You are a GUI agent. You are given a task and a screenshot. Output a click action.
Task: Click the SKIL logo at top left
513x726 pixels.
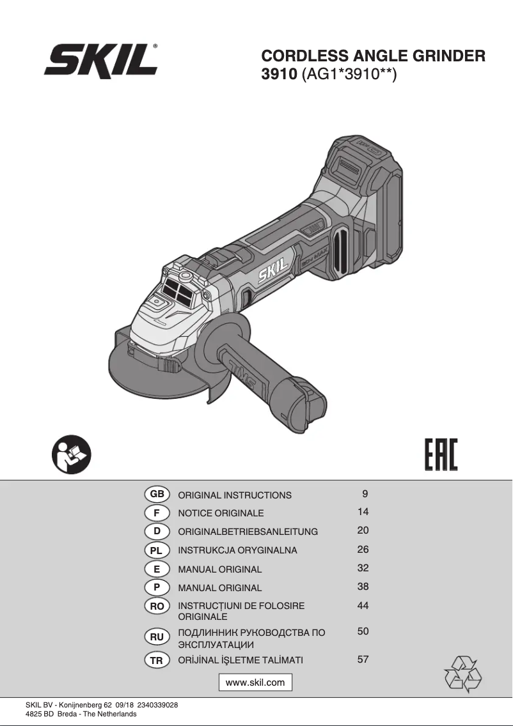click(101, 59)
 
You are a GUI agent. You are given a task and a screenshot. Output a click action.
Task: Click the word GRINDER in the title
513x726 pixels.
click(448, 56)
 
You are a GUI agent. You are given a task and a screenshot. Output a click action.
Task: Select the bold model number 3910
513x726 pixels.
click(279, 74)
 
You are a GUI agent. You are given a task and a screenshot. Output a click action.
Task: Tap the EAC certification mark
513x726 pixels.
click(441, 454)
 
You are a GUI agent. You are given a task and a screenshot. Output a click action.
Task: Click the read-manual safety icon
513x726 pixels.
click(72, 454)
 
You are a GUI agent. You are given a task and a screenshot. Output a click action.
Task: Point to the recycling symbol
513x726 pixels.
click(462, 674)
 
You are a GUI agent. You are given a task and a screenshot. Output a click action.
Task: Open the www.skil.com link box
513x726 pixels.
click(255, 682)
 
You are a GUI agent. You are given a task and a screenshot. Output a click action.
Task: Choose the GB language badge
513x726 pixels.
click(157, 494)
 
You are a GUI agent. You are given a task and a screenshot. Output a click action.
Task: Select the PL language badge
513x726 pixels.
click(157, 550)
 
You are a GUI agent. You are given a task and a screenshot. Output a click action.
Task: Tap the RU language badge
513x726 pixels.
click(157, 637)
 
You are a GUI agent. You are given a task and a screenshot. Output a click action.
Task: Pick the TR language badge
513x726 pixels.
click(157, 661)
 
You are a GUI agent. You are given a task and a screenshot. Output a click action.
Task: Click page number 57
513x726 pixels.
click(363, 660)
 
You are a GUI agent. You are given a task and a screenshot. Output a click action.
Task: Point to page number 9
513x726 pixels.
click(365, 494)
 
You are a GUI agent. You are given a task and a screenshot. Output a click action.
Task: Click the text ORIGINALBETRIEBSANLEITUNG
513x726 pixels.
click(248, 532)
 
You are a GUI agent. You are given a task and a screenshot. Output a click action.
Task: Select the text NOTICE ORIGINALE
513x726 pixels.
click(221, 513)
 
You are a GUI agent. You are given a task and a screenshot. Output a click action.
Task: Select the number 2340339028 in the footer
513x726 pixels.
click(157, 705)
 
